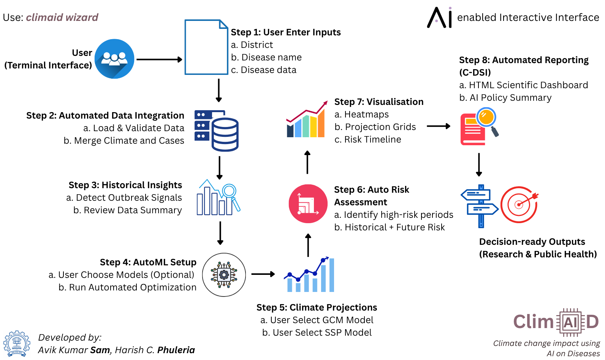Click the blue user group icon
(114, 59)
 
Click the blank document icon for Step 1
(206, 48)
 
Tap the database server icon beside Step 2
(217, 130)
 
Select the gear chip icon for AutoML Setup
(224, 274)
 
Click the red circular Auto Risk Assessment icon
(308, 204)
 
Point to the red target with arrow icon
(519, 205)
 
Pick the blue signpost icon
(480, 206)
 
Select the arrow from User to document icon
(159, 59)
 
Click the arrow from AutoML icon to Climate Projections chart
(263, 274)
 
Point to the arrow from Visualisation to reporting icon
(438, 126)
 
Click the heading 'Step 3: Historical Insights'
(125, 185)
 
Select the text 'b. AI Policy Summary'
(505, 98)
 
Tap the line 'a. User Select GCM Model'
(317, 320)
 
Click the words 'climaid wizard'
(62, 17)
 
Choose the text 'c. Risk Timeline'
(367, 140)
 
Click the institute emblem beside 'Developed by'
(17, 343)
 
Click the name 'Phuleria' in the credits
(176, 350)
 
